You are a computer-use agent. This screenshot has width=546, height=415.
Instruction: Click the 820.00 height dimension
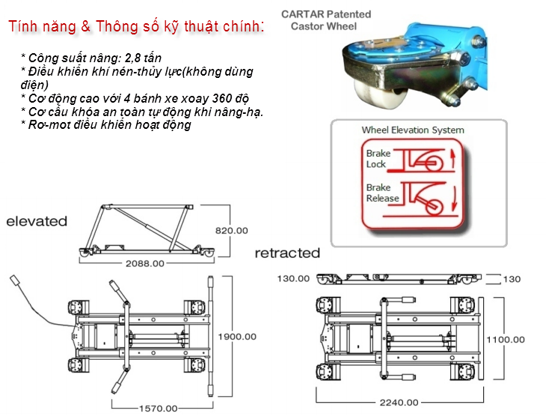(232, 231)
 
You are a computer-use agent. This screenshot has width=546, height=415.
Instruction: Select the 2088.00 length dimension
(145, 263)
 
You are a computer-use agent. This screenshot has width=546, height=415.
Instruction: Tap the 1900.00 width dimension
(237, 336)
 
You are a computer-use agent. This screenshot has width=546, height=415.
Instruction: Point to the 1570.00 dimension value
(159, 408)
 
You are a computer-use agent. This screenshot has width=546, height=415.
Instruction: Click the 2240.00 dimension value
(399, 403)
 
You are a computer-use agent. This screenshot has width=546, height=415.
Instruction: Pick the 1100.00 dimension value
(506, 339)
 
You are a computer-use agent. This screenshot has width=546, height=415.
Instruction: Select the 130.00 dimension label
(293, 279)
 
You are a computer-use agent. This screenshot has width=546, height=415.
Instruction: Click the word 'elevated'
(37, 221)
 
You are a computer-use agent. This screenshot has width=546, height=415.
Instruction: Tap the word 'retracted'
(287, 253)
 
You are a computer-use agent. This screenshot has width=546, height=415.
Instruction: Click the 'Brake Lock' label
(378, 159)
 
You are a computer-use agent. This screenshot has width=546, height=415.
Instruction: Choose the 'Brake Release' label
(382, 193)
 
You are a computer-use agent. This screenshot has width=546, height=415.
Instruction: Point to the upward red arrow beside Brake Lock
(453, 159)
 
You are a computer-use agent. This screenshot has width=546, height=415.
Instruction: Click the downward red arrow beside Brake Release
(454, 199)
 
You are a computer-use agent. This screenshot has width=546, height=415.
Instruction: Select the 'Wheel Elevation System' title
(413, 130)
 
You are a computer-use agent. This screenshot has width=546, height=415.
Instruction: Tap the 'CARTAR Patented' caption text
(326, 14)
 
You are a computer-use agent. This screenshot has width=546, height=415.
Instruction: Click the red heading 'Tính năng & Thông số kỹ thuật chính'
(136, 26)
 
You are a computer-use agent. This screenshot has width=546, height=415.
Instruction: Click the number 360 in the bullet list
(222, 98)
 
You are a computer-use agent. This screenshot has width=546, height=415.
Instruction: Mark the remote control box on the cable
(15, 280)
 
